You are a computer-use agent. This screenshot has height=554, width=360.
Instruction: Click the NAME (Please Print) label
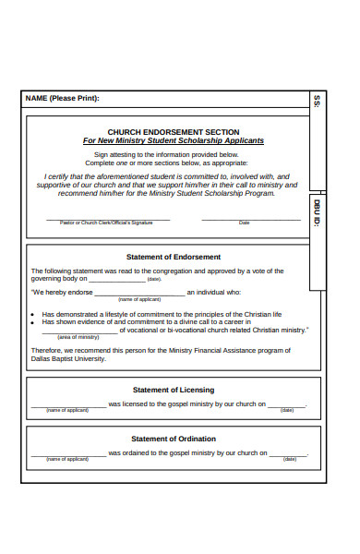pyautogui.click(x=62, y=98)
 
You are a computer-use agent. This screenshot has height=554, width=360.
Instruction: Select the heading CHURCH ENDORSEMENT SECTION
pyautogui.click(x=174, y=132)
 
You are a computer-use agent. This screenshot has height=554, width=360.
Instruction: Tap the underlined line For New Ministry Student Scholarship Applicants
pyautogui.click(x=174, y=141)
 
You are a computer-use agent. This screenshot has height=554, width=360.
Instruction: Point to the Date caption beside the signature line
pyautogui.click(x=244, y=223)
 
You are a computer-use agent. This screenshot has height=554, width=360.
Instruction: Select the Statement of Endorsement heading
pyautogui.click(x=174, y=257)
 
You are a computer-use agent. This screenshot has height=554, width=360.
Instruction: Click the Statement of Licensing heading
pyautogui.click(x=174, y=390)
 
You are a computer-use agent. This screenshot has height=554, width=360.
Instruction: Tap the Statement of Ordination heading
pyautogui.click(x=174, y=439)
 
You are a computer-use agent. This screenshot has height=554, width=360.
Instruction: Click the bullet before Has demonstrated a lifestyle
pyautogui.click(x=34, y=314)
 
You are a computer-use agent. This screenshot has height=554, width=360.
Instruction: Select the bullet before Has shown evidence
pyautogui.click(x=34, y=322)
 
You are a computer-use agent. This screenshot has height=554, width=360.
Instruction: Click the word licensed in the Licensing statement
pyautogui.click(x=127, y=404)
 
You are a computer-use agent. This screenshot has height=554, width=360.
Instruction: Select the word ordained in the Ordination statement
pyautogui.click(x=128, y=453)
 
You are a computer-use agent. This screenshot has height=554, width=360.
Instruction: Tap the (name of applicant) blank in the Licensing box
pyautogui.click(x=67, y=406)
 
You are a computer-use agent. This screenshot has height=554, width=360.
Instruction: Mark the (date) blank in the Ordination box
pyautogui.click(x=288, y=454)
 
